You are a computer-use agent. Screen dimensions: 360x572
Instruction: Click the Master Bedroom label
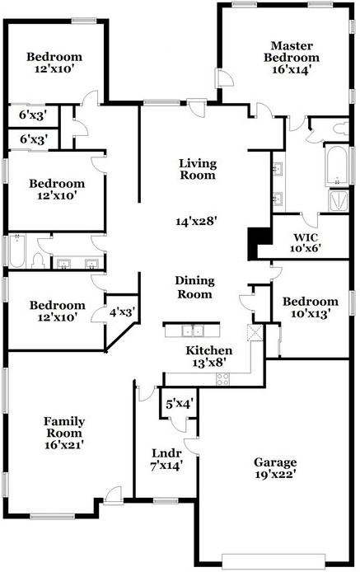pos(292,52)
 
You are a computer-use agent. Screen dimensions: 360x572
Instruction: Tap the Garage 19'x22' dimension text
pos(275,474)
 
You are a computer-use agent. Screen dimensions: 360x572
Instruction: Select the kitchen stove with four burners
pos(223,379)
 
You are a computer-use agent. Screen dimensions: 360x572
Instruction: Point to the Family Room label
pos(64,427)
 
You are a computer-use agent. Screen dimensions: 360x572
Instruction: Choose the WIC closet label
pos(306,237)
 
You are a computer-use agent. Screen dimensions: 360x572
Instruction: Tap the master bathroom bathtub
pos(336,166)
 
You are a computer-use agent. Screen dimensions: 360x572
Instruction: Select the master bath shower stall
pos(339,200)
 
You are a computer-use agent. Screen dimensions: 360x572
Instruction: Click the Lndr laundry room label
pos(166,453)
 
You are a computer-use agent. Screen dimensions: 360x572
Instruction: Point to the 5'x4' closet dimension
pos(180,404)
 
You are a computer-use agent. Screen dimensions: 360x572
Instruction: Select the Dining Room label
pos(194,287)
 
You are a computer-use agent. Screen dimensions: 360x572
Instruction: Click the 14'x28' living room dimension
pos(197,221)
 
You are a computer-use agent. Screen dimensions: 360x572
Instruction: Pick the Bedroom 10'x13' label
pos(311,307)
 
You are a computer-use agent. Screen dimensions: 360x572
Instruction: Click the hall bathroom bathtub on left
pos(16,251)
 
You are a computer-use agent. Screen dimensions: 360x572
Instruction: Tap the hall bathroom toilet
pos(38,260)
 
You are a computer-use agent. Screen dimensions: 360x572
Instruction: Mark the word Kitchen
pos(208,350)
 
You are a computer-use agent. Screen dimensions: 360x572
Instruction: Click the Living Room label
pos(198,169)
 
